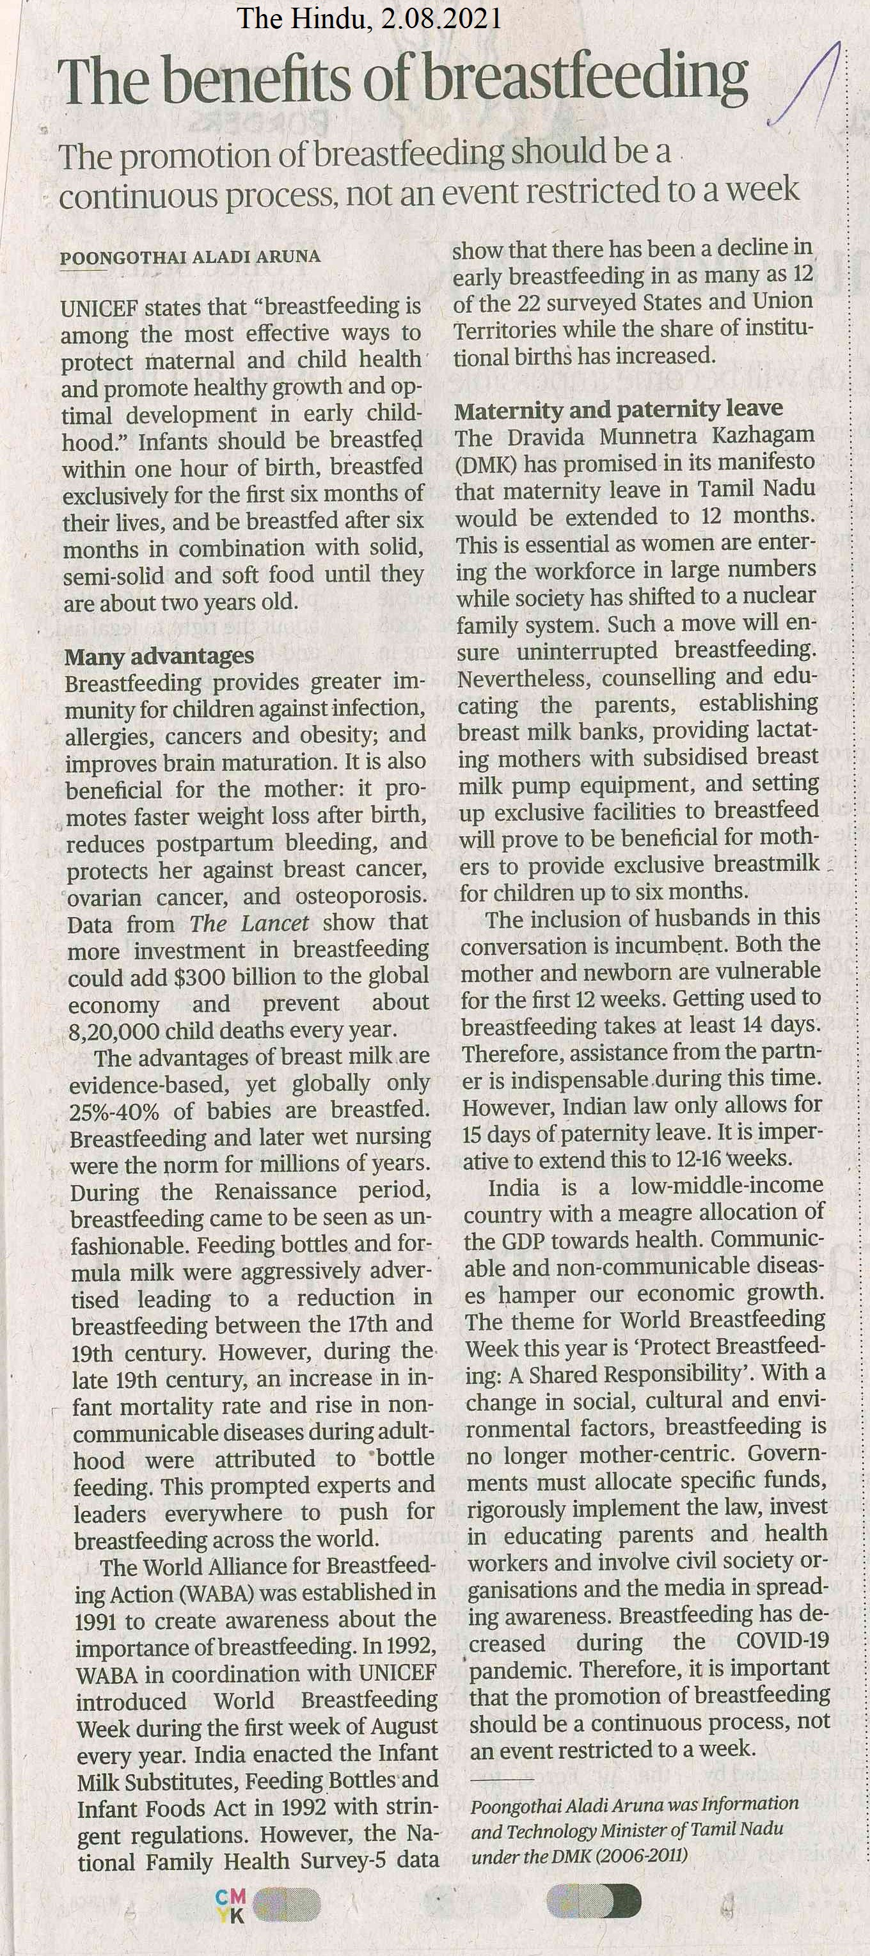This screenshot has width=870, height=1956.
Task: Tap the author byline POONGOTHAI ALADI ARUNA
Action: pyautogui.click(x=190, y=257)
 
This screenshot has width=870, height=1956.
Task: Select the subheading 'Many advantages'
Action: pyautogui.click(x=159, y=655)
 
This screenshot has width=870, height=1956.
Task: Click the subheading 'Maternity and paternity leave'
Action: pyautogui.click(x=618, y=410)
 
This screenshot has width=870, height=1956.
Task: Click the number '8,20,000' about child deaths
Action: pyautogui.click(x=114, y=1031)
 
